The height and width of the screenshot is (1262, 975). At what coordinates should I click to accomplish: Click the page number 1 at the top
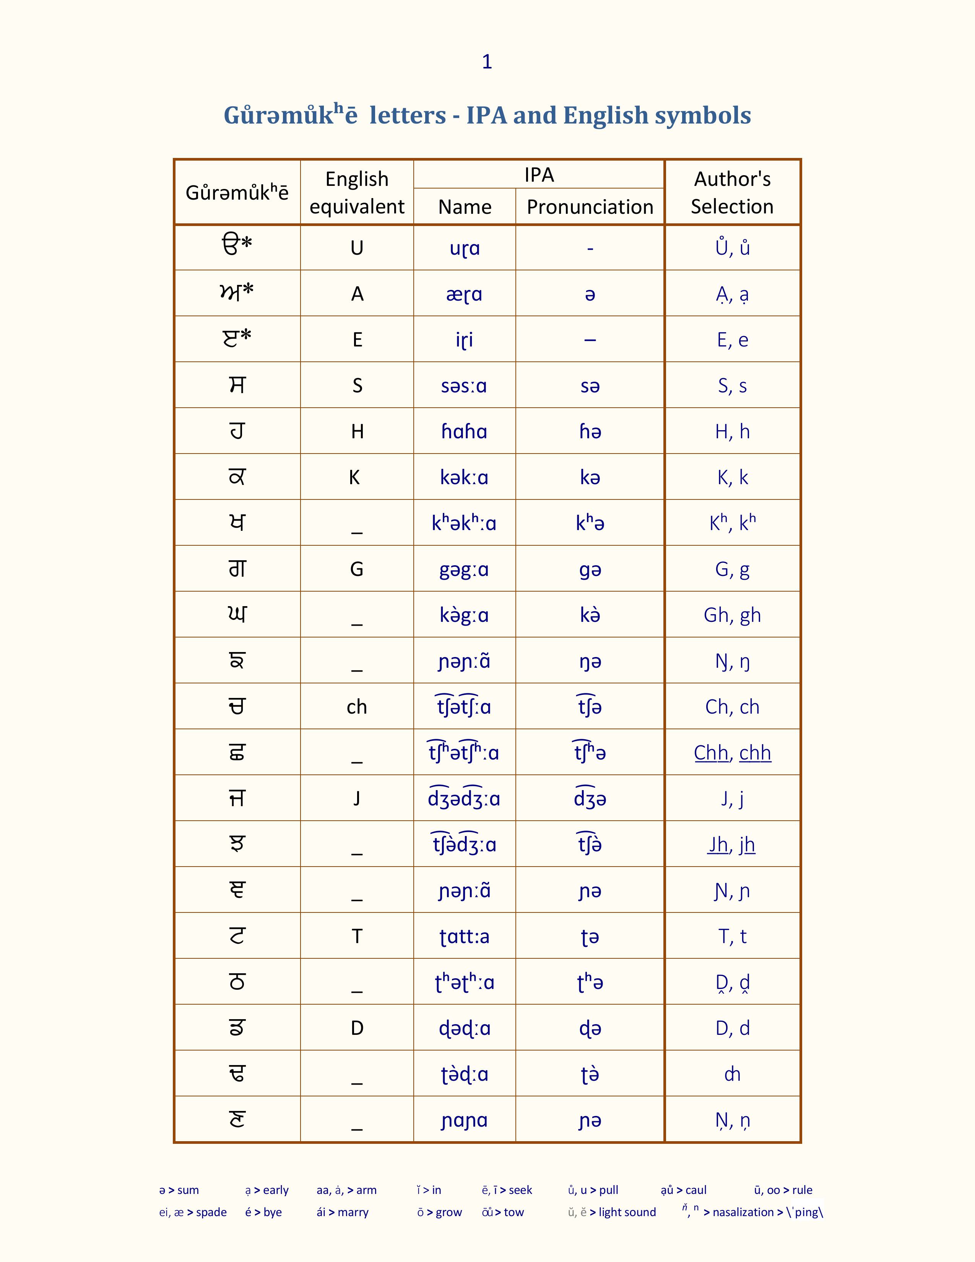(x=487, y=62)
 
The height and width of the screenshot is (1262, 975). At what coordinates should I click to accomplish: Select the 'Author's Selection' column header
(x=732, y=192)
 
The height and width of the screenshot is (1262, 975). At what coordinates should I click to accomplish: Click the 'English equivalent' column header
(x=357, y=192)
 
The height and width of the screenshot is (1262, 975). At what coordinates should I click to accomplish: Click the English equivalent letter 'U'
(x=357, y=248)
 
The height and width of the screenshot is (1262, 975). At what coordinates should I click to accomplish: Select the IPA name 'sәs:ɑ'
(x=464, y=385)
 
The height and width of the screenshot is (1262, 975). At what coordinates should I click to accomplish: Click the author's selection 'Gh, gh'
(x=732, y=615)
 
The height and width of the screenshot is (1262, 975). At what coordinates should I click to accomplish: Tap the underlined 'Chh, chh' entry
(x=732, y=752)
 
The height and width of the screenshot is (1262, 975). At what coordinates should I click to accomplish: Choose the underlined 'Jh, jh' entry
(x=731, y=844)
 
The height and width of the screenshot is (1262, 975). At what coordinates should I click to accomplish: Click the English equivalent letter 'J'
(x=357, y=799)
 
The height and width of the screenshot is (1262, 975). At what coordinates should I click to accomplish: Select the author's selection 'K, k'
(x=732, y=477)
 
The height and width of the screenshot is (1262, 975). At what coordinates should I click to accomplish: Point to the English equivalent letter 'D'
(x=357, y=1028)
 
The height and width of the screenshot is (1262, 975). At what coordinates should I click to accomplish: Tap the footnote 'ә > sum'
(x=179, y=1190)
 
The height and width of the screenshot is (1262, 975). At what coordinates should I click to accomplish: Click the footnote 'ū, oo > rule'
(x=783, y=1190)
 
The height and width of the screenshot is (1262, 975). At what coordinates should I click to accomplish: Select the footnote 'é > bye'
(x=263, y=1212)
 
